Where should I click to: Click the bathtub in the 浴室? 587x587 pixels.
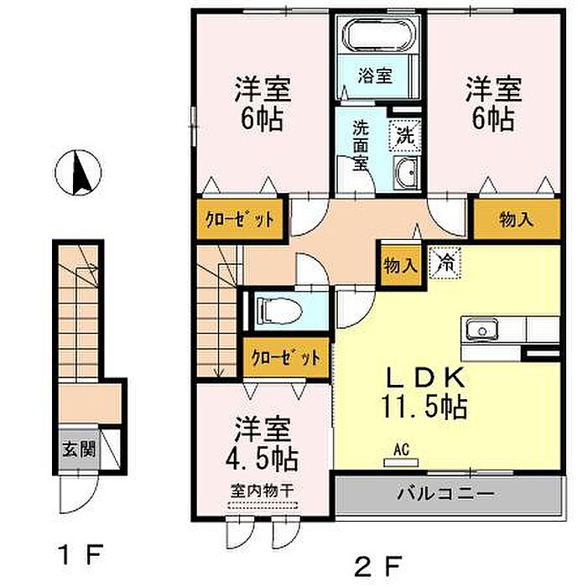pyautogui.click(x=378, y=35)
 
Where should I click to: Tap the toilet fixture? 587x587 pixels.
pyautogui.click(x=279, y=310)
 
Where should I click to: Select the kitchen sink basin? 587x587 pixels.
pyautogui.click(x=482, y=330)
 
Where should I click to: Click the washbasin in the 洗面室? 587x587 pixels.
pyautogui.click(x=407, y=172)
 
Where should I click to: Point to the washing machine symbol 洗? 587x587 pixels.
pyautogui.click(x=406, y=135)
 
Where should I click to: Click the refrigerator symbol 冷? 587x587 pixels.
pyautogui.click(x=445, y=263)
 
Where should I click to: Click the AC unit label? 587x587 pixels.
pyautogui.click(x=402, y=449)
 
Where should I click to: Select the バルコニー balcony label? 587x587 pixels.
pyautogui.click(x=445, y=494)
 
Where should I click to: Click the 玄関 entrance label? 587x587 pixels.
pyautogui.click(x=79, y=449)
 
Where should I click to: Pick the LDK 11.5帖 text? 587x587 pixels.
pyautogui.click(x=424, y=393)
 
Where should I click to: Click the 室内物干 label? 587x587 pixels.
pyautogui.click(x=262, y=491)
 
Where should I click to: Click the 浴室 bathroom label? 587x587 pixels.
pyautogui.click(x=375, y=75)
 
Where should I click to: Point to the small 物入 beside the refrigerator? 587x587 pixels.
pyautogui.click(x=401, y=266)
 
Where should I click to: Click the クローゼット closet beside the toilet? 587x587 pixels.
pyautogui.click(x=287, y=357)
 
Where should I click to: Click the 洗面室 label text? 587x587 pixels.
pyautogui.click(x=360, y=146)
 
